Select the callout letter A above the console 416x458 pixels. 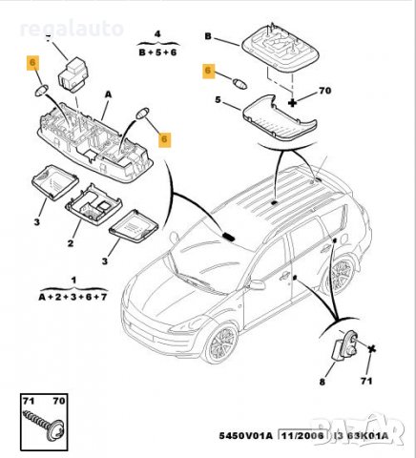[108, 94]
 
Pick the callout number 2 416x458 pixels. [68, 243]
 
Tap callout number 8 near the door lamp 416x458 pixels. [322, 381]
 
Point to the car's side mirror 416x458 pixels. [255, 284]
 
